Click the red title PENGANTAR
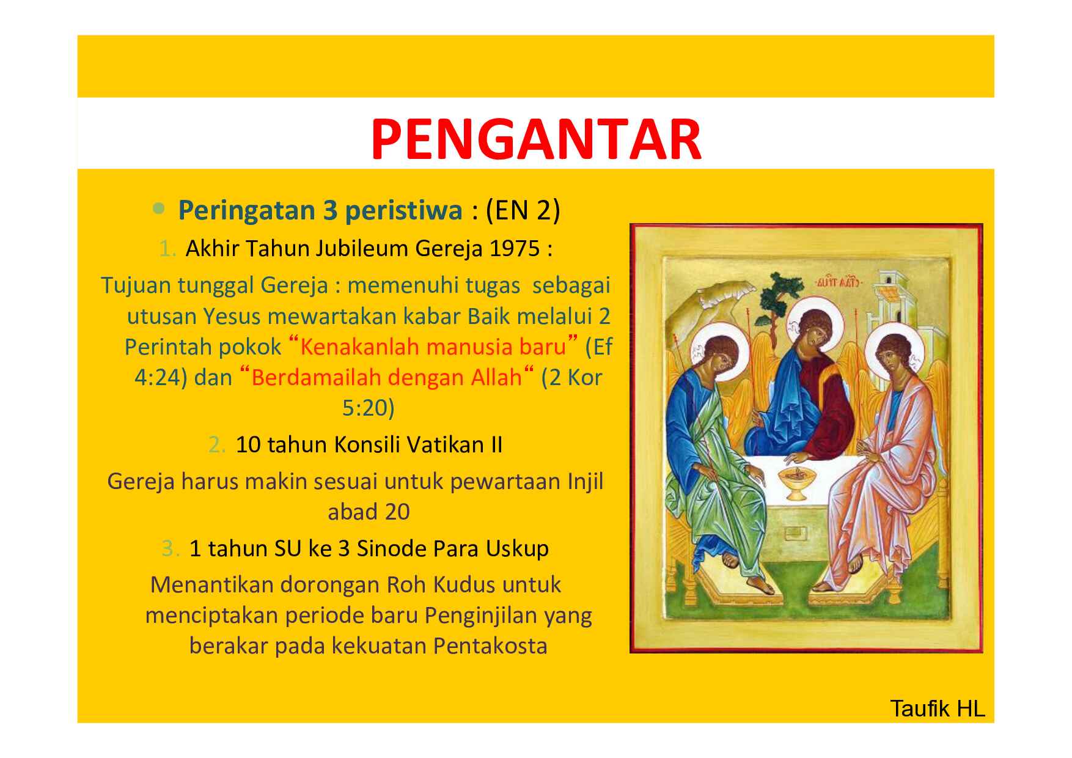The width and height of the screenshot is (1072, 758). [536, 140]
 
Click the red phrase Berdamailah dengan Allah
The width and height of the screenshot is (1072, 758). [386, 377]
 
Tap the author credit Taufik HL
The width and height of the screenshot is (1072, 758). [938, 708]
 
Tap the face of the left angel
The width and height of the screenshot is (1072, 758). [723, 363]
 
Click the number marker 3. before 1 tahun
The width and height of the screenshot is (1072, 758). [171, 548]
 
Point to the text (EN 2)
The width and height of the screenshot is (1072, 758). [523, 210]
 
